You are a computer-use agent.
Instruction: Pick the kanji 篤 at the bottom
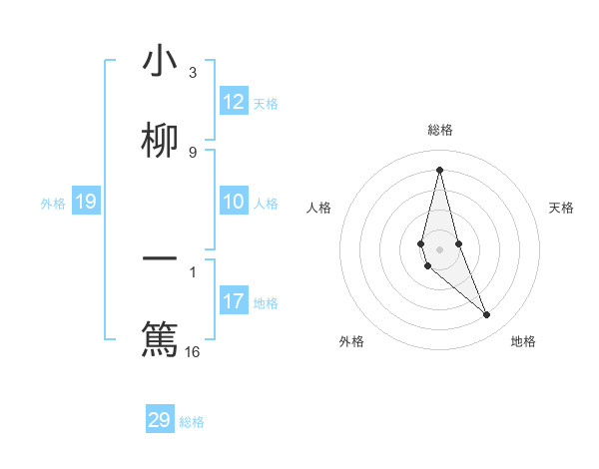[160, 338]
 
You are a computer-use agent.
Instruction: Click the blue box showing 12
[234, 102]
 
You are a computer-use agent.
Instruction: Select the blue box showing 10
[234, 203]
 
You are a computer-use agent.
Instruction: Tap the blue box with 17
[234, 301]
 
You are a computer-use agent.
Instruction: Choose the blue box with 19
[86, 203]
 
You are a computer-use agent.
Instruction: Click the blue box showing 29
[160, 420]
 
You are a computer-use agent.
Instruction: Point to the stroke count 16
[193, 351]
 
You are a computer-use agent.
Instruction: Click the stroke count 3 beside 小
[193, 73]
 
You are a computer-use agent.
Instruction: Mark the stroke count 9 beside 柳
[193, 152]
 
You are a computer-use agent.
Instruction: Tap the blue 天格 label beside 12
[266, 103]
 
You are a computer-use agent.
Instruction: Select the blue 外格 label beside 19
[53, 204]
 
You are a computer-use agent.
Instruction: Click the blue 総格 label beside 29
[192, 421]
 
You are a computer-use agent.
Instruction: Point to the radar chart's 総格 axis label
[439, 130]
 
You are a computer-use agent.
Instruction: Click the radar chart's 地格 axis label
[523, 341]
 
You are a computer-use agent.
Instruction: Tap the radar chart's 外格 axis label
[351, 341]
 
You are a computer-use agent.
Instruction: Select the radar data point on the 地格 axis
[487, 315]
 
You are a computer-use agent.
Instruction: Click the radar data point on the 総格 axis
[439, 169]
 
